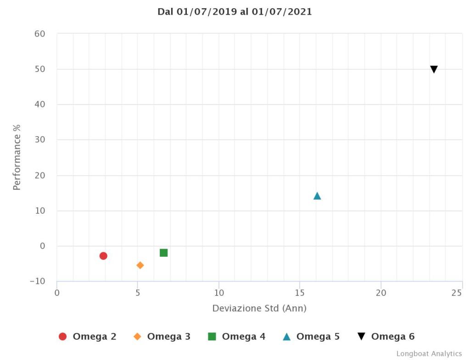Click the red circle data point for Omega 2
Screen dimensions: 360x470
pyautogui.click(x=103, y=256)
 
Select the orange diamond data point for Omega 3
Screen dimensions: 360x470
pyautogui.click(x=140, y=265)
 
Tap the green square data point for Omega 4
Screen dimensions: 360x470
pyautogui.click(x=163, y=253)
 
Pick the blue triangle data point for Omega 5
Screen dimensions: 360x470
pyautogui.click(x=317, y=196)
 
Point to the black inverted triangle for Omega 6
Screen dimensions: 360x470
pyautogui.click(x=434, y=69)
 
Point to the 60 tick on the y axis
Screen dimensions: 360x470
pyautogui.click(x=39, y=34)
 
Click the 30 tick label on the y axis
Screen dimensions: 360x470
pyautogui.click(x=39, y=140)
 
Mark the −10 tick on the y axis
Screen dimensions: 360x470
pyautogui.click(x=37, y=281)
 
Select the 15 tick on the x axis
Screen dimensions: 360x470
pyautogui.click(x=300, y=293)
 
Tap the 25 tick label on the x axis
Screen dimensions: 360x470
pyautogui.click(x=457, y=293)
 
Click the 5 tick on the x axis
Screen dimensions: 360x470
pyautogui.click(x=138, y=293)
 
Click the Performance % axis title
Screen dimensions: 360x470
pyautogui.click(x=17, y=156)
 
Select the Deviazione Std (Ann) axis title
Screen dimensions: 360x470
pyautogui.click(x=259, y=308)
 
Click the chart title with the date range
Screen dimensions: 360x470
pyautogui.click(x=235, y=12)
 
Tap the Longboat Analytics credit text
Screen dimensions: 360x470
pyautogui.click(x=429, y=354)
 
